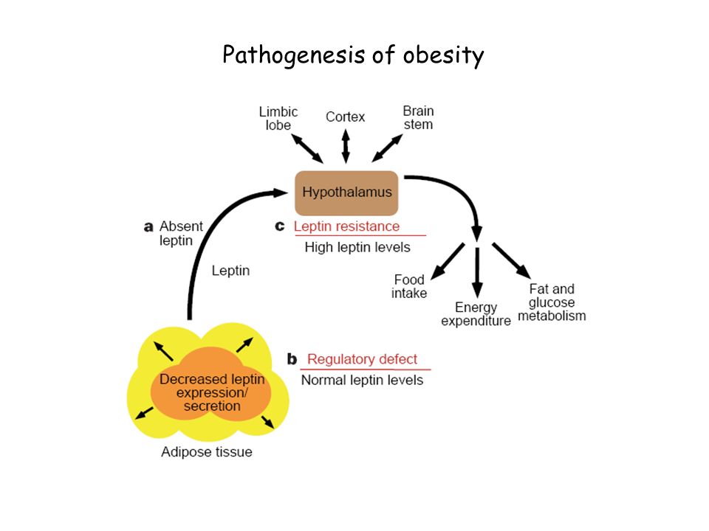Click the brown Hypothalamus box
[x=346, y=192]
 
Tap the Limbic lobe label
[x=278, y=118]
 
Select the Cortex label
[x=345, y=117]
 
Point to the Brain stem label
[x=418, y=117]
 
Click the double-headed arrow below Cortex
[x=346, y=146]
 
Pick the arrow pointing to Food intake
[x=448, y=261]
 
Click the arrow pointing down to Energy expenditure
[x=477, y=273]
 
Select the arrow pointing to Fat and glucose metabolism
[x=511, y=260]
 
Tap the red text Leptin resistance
[x=347, y=226]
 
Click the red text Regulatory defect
[x=362, y=359]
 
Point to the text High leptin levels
[x=357, y=248]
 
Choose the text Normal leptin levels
[x=362, y=381]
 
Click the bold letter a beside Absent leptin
[x=148, y=226]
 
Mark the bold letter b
[x=292, y=359]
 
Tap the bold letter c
[x=280, y=226]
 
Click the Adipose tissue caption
[x=207, y=452]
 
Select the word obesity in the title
[x=444, y=56]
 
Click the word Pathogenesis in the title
[x=294, y=55]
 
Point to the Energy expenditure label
[x=476, y=314]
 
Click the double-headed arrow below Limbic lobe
[x=307, y=148]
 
